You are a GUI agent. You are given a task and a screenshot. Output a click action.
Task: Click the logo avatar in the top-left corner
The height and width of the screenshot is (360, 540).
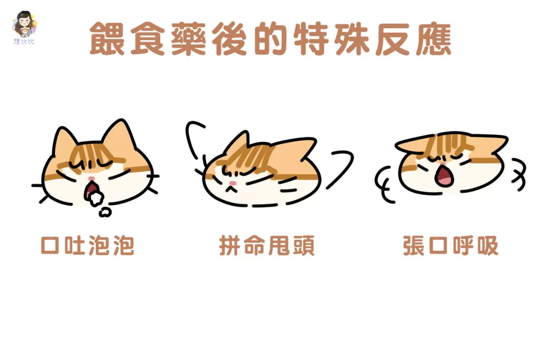pyautogui.click(x=24, y=27)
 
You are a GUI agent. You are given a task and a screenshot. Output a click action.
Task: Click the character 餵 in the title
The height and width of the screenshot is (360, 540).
pyautogui.click(x=107, y=38)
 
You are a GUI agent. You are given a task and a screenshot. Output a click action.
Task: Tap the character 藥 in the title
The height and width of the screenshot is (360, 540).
pyautogui.click(x=188, y=38)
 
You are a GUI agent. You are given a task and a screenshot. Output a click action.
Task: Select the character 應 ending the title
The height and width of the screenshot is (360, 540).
pyautogui.click(x=433, y=38)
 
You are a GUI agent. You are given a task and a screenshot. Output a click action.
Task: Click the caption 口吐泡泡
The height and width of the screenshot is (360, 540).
pyautogui.click(x=88, y=246)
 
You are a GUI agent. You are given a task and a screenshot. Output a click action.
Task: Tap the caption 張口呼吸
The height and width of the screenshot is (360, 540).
pyautogui.click(x=451, y=246)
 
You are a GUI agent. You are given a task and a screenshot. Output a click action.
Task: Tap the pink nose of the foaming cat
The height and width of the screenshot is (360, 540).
pyautogui.click(x=91, y=179)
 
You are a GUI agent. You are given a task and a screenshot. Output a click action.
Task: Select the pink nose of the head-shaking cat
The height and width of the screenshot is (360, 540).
pyautogui.click(x=233, y=183)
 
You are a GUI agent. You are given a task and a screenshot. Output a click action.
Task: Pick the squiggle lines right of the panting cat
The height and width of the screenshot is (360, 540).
pyautogui.click(x=519, y=175)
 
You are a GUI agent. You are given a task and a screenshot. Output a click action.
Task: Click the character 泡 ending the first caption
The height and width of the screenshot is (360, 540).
pyautogui.click(x=123, y=246)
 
